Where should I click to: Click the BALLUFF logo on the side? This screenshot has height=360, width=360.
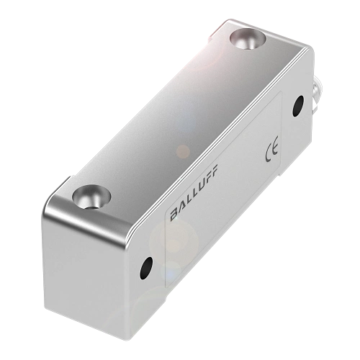195,191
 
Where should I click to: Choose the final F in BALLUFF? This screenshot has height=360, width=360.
217,171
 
